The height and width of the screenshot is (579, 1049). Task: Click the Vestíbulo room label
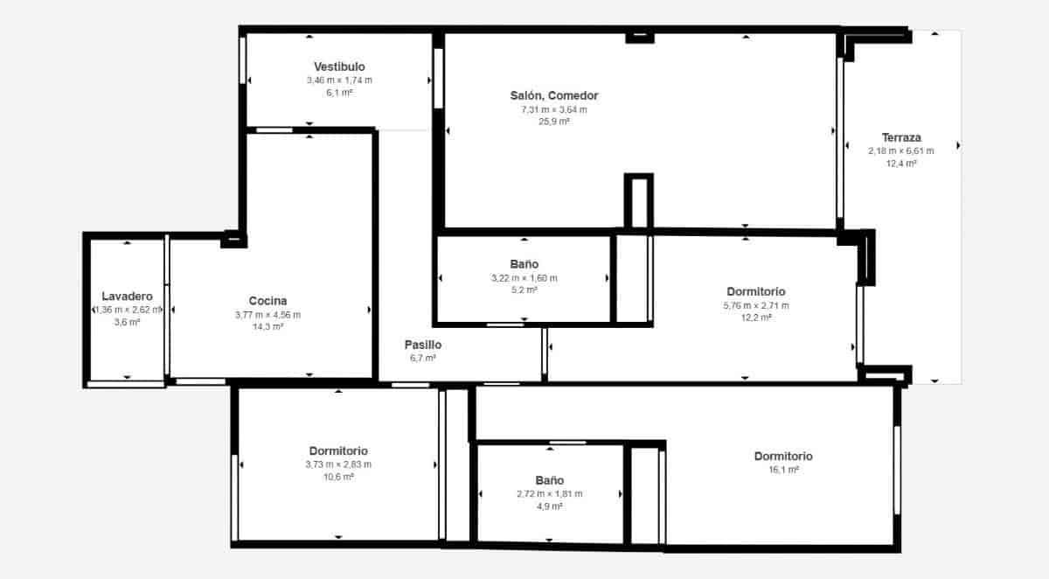pyautogui.click(x=339, y=66)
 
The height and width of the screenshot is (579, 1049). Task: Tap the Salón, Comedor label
pyautogui.click(x=554, y=95)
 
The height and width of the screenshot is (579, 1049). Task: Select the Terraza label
pyautogui.click(x=900, y=137)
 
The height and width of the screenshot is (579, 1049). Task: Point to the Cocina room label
pyautogui.click(x=267, y=300)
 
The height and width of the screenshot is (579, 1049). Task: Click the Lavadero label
pyautogui.click(x=127, y=296)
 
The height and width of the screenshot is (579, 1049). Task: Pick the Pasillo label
pyautogui.click(x=422, y=344)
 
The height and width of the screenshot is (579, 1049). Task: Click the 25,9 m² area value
pyautogui.click(x=554, y=122)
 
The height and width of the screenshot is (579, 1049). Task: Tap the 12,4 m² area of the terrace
pyautogui.click(x=900, y=164)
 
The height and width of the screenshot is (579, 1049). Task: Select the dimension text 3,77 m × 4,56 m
pyautogui.click(x=267, y=315)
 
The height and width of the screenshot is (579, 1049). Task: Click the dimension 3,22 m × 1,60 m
pyautogui.click(x=524, y=278)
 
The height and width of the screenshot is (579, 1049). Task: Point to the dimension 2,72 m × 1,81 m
pyautogui.click(x=549, y=494)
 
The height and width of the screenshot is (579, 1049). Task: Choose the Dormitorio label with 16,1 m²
pyautogui.click(x=783, y=456)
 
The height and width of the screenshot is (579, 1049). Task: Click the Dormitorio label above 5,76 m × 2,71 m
pyautogui.click(x=756, y=291)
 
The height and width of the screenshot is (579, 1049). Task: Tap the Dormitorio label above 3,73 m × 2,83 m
pyautogui.click(x=338, y=450)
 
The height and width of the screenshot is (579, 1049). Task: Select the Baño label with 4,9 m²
pyautogui.click(x=549, y=480)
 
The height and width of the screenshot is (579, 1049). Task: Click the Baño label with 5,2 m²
pyautogui.click(x=524, y=263)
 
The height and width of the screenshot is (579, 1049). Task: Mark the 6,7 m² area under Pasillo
pyautogui.click(x=422, y=358)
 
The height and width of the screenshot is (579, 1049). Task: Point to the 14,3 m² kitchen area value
pyautogui.click(x=267, y=327)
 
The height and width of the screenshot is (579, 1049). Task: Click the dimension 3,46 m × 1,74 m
pyautogui.click(x=339, y=80)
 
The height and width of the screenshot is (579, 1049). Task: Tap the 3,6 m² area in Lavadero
pyautogui.click(x=127, y=322)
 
